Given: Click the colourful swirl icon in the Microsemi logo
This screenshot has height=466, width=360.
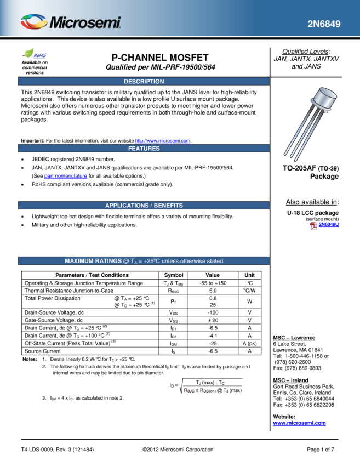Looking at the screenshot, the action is tap(33, 22).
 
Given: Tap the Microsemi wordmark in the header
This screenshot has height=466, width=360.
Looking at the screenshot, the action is tap(85, 23).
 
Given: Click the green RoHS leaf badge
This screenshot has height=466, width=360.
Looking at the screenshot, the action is tap(35, 54).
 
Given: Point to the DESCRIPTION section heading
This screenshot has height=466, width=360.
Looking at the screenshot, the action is tap(144, 82).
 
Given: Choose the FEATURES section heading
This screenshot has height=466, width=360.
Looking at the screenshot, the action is tap(144, 149).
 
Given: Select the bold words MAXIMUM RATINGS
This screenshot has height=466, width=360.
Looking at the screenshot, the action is tap(93, 262).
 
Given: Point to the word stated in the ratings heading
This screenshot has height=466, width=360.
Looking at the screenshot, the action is tap(214, 262).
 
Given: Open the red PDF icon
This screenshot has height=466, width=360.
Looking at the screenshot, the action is tap(313, 226).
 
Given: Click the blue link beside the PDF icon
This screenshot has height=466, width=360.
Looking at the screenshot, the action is tap(329, 225).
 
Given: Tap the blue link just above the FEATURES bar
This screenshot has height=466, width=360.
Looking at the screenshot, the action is tap(162, 141).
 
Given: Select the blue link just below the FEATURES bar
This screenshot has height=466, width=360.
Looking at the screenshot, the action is tap(66, 177).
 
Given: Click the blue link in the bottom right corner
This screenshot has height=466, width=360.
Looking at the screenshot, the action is tap(299, 424).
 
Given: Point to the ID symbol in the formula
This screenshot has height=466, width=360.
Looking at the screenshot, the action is tap(173, 386).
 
